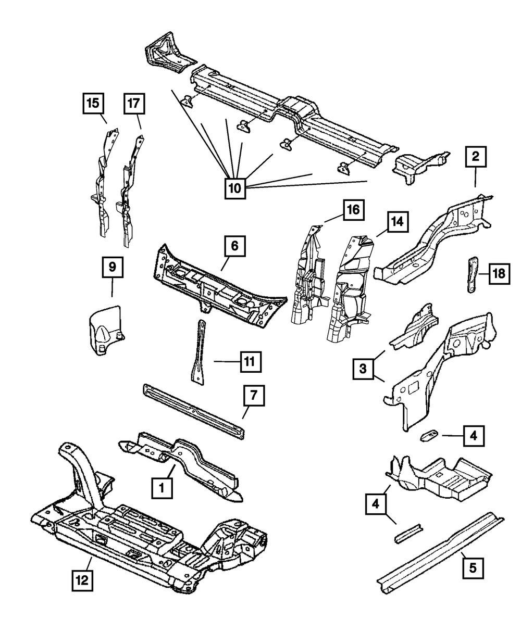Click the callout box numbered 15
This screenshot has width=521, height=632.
click(93, 103)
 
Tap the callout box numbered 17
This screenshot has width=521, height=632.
click(134, 104)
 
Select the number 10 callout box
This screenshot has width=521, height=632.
click(235, 188)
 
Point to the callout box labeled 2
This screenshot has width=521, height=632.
click(476, 157)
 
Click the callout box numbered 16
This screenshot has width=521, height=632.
click(353, 210)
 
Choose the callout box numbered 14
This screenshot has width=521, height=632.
click(398, 222)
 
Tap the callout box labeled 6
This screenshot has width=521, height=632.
click(235, 246)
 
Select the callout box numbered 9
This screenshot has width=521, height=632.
click(113, 267)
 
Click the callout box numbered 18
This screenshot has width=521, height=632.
click(499, 274)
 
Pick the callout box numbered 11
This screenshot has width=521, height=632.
click(251, 362)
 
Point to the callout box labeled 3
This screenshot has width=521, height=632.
click(363, 369)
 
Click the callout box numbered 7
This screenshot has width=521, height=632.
click(254, 395)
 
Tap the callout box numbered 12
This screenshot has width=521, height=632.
click(82, 580)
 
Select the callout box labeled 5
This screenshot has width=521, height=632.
click(473, 568)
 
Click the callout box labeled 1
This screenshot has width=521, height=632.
click(162, 488)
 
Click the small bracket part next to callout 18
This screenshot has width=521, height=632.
click(472, 274)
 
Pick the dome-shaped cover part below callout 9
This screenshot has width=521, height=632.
click(107, 330)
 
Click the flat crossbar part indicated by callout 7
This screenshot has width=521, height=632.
click(194, 411)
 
